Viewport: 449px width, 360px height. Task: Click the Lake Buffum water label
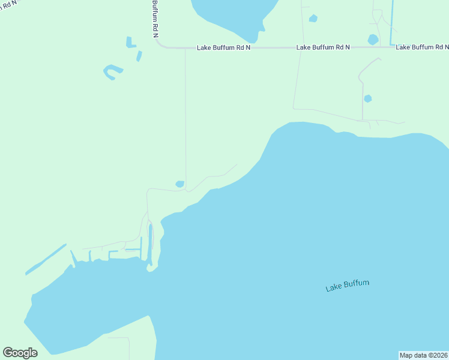(x=347, y=286)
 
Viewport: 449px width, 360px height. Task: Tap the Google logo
(x=20, y=353)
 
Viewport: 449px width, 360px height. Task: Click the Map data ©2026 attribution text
(x=423, y=355)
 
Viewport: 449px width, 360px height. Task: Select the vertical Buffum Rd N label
(x=155, y=18)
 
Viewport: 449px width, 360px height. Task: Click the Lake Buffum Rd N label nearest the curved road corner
(x=223, y=47)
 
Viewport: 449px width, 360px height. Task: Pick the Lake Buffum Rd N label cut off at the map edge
(x=422, y=47)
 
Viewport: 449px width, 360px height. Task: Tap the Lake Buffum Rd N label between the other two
(x=323, y=47)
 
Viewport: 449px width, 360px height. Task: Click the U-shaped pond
(x=112, y=72)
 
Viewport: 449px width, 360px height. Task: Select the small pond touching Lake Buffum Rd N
(x=373, y=40)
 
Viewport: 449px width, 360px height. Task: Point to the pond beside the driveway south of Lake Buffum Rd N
(x=367, y=98)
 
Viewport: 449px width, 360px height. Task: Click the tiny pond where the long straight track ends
(x=179, y=184)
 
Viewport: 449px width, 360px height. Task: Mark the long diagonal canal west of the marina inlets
(x=46, y=259)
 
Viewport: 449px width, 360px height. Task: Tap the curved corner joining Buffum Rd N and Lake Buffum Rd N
(x=160, y=44)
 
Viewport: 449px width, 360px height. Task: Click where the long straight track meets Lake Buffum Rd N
(x=185, y=49)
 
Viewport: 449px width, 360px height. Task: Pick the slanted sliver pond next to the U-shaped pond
(x=139, y=56)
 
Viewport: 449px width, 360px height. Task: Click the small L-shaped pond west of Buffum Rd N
(x=129, y=42)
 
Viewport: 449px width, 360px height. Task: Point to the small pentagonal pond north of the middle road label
(x=313, y=19)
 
